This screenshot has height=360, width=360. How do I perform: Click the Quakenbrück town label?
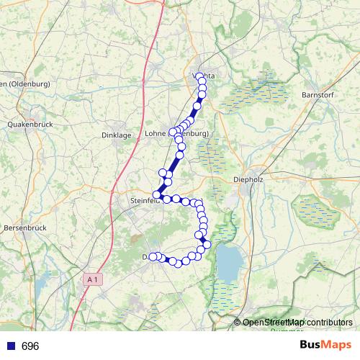(27, 124)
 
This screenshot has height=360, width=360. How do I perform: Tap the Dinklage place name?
(116, 135)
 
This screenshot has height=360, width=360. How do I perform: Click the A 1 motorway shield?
(91, 278)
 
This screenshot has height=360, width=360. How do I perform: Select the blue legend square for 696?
(10, 346)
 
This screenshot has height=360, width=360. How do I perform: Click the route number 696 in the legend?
(30, 346)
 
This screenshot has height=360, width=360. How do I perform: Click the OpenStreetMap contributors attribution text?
(297, 323)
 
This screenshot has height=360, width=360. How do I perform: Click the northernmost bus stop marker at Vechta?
(199, 76)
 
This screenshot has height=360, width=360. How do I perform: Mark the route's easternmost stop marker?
(207, 245)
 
